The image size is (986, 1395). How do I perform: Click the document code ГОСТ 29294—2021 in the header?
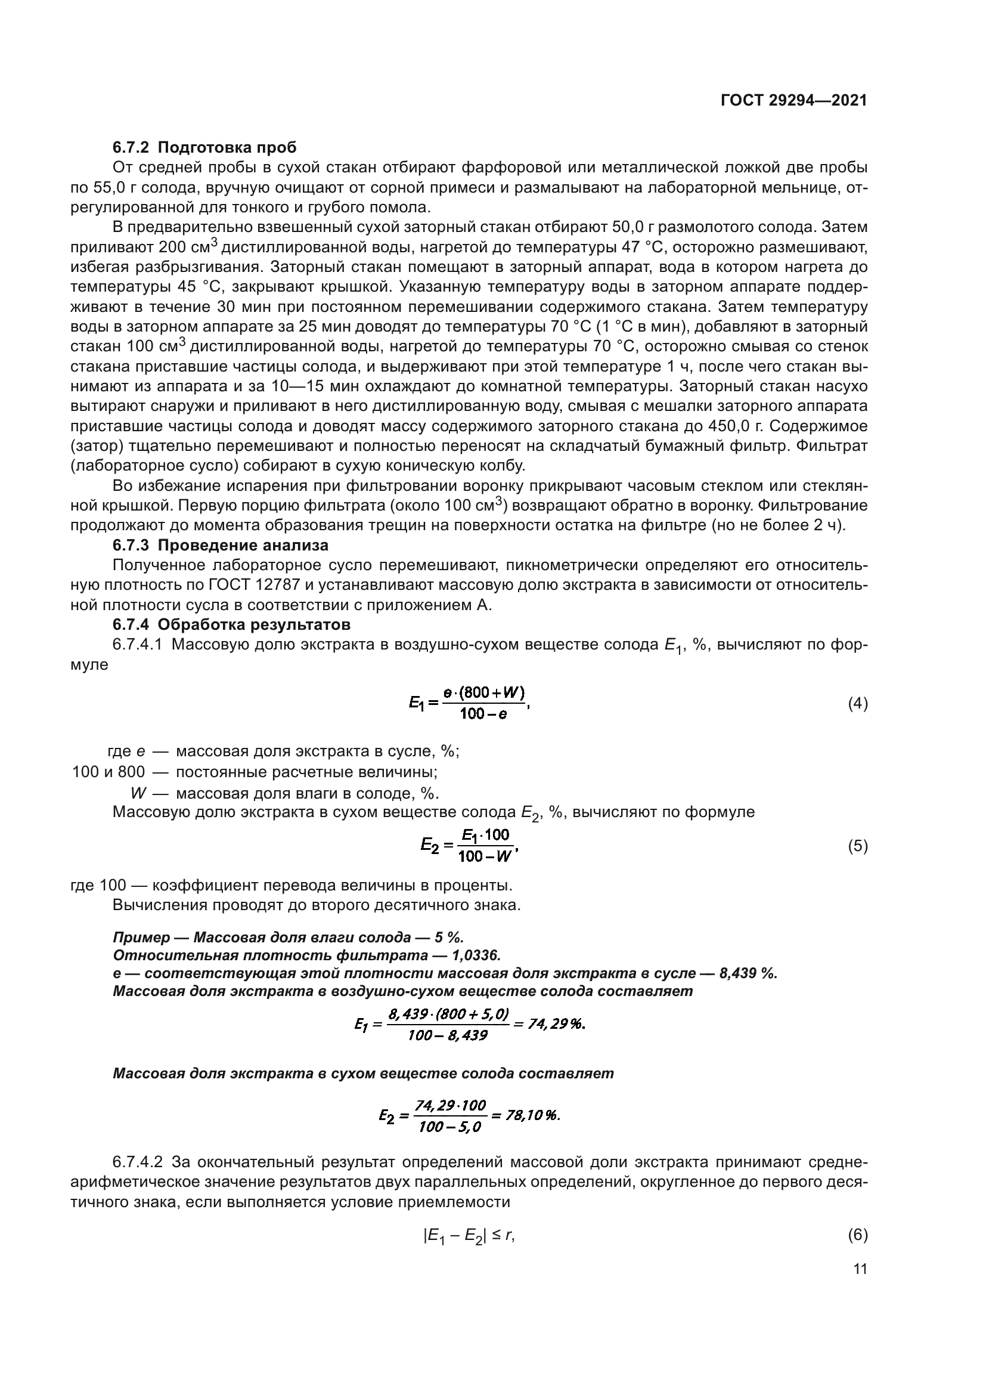(x=793, y=101)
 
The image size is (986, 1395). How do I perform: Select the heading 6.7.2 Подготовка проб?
(x=204, y=148)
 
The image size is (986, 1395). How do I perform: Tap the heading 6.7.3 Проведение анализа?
(x=221, y=545)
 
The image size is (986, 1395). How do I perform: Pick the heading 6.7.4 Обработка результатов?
(x=231, y=624)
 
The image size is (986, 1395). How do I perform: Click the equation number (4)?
(x=857, y=704)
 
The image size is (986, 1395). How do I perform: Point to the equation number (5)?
(x=857, y=846)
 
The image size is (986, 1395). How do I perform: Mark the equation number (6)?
(x=857, y=1235)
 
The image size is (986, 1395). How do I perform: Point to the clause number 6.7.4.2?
(x=137, y=1162)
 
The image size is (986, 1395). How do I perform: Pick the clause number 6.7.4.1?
(x=137, y=644)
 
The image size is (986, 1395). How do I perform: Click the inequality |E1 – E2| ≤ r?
(x=468, y=1235)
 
